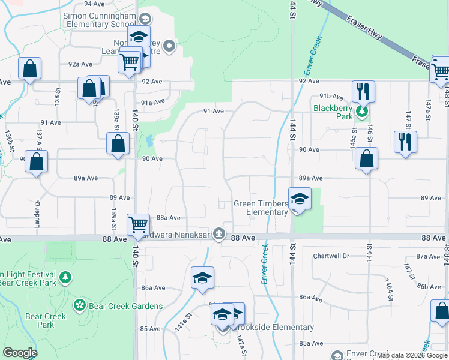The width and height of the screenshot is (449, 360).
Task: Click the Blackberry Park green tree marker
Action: pos(361,110)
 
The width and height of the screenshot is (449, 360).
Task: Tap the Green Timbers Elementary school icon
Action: pos(299,199)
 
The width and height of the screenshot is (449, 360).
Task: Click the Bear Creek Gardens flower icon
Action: pos(79,305)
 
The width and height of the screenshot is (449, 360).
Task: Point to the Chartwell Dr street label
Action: pos(331,256)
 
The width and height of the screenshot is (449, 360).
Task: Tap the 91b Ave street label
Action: pos(331,96)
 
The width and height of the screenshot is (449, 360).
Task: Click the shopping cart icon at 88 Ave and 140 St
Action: pos(138,224)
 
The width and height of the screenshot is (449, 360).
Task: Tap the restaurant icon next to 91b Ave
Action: pos(363,91)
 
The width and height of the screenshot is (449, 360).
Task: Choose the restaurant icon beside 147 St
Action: pos(405,142)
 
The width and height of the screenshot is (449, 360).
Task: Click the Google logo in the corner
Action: pos(20,353)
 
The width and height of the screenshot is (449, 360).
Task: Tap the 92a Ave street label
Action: pos(80,63)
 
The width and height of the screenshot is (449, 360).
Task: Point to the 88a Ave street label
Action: pos(169,218)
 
